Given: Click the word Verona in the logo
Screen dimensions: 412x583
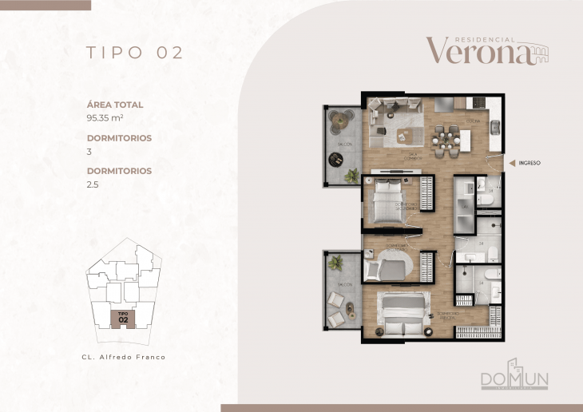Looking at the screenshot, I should click(478, 51).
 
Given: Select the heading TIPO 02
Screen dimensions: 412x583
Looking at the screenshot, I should click(135, 53).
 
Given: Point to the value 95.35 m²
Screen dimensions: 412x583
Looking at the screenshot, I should click(103, 117).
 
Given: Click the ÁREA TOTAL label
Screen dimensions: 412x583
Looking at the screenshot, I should click(114, 105).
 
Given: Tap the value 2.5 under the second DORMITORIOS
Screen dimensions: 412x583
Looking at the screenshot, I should click(92, 184).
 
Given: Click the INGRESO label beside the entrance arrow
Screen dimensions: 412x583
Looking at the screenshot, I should click(529, 163).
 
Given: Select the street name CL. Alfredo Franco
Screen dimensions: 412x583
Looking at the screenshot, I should click(124, 357).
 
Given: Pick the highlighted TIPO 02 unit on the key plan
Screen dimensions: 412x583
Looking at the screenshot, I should click(123, 318).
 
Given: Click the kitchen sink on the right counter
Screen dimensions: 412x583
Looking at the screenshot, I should click(495, 128).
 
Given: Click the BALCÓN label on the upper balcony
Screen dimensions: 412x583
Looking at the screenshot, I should click(344, 145).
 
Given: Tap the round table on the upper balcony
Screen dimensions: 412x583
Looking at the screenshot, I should click(342, 120).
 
